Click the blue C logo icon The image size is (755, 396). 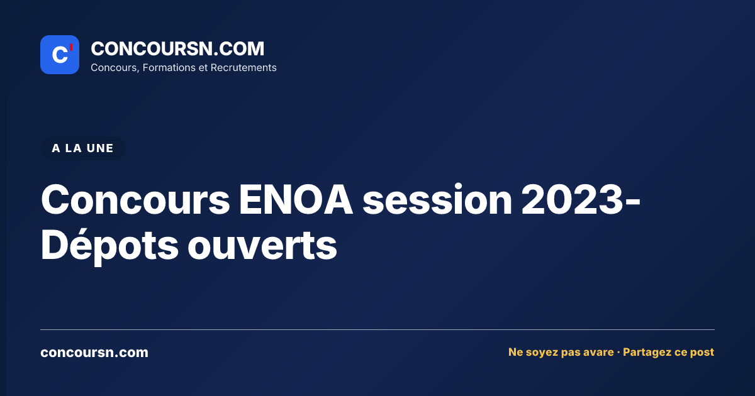point(60,55)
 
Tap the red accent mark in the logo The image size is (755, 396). point(71,47)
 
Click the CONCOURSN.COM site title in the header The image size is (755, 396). point(177,48)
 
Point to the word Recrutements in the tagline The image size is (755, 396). point(243,68)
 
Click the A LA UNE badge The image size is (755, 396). point(83,148)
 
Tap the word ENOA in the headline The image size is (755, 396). point(296,200)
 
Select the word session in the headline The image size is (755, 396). point(437,200)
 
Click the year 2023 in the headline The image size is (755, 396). point(572,200)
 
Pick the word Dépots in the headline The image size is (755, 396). point(109,245)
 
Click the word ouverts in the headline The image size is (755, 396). point(262,246)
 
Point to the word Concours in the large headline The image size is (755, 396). point(135,200)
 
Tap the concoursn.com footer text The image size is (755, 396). point(94,353)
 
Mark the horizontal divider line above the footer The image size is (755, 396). point(377,329)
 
